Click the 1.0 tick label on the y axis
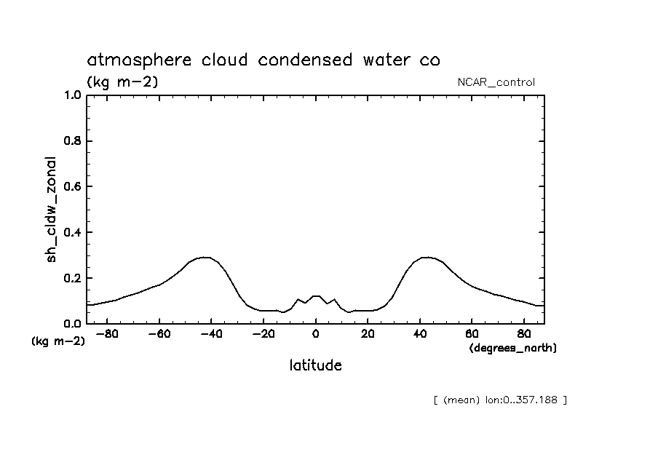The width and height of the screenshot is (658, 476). pos(72,95)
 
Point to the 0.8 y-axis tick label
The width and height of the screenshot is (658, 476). pos(72,141)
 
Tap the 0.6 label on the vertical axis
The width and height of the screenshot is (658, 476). pos(72,187)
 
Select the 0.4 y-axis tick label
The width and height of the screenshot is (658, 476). pos(72,233)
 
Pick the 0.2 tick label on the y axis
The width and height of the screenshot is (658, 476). pos(72,279)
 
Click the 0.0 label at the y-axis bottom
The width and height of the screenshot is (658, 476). pos(72,324)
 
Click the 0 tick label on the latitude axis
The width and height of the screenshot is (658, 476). pos(315,335)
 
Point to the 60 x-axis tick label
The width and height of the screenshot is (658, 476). pos(472,335)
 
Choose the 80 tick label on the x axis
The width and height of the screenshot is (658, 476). pos(524,335)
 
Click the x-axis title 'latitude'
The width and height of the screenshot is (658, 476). pos(315,365)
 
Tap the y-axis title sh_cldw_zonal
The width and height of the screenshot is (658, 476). pos(52,209)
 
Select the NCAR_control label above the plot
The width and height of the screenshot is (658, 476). pos(495,82)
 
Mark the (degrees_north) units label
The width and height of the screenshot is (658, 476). pos(513,349)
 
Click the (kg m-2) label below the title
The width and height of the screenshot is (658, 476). pos(122,82)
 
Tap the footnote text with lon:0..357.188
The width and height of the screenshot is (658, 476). pos(499,400)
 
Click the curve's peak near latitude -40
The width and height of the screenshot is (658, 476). pos(207,257)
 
